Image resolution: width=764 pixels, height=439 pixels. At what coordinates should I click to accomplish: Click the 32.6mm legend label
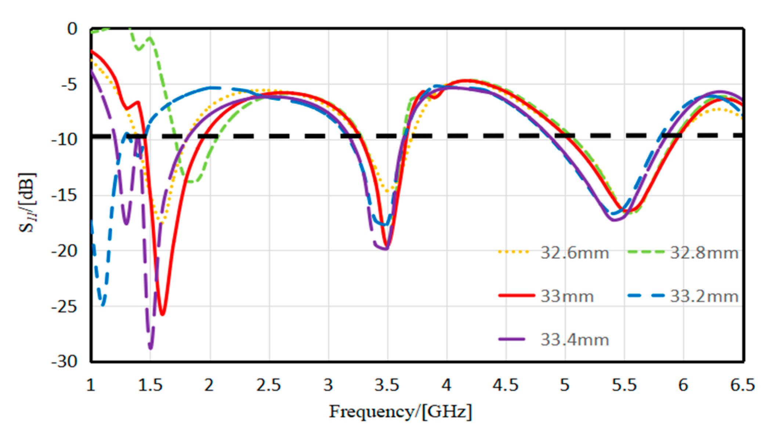pos(575,253)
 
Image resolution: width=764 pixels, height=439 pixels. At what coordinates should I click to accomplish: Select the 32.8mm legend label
pos(704,253)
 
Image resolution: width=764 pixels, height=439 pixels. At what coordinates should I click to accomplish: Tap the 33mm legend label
pos(567,296)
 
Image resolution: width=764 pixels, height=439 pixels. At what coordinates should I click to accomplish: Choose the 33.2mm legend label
pos(704,296)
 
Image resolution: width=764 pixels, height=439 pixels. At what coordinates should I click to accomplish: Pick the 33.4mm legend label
pos(575,340)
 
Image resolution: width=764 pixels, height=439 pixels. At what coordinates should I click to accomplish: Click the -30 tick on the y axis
pos(65,362)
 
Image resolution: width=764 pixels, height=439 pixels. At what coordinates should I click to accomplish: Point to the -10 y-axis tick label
pos(65,140)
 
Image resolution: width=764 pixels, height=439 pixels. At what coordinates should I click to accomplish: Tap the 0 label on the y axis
pos(72,29)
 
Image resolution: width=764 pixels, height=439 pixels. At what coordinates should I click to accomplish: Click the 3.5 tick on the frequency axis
pos(387,385)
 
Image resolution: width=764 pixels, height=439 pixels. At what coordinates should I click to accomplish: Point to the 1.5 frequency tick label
pos(151,385)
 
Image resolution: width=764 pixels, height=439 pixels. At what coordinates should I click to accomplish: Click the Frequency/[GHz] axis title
pos(400,411)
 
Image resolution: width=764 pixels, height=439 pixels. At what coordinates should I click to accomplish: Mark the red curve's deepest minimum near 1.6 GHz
pos(162,314)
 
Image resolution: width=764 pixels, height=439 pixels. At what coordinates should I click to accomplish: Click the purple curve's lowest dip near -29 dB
pos(151,348)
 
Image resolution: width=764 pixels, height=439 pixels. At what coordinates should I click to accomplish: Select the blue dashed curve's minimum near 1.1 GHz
pos(103,305)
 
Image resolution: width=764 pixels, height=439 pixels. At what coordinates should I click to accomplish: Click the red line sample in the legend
pos(516,295)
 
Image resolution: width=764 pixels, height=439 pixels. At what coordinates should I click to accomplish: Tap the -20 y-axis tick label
pos(65,251)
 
